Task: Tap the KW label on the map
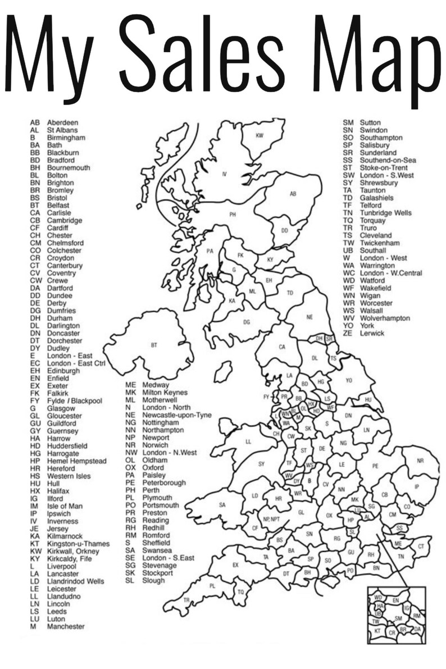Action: pos(260,135)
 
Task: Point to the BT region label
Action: pos(154,345)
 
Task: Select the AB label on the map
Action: pos(293,194)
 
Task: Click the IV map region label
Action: pos(224,174)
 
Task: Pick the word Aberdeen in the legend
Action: pos(62,122)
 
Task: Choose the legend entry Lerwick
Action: pos(372,333)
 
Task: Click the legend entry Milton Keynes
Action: pos(165,392)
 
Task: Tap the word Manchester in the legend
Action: pos(66,626)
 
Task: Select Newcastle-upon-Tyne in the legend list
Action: pos(177,415)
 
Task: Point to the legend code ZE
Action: pos(348,333)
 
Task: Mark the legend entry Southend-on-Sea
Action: pos(388,160)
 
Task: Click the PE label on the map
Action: pos(375,466)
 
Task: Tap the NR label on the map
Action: pos(420,461)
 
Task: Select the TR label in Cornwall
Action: pos(186,600)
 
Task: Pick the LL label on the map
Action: pos(248,442)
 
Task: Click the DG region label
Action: pos(247,322)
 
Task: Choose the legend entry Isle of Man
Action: pos(65,506)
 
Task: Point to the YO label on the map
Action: pos(349,380)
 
